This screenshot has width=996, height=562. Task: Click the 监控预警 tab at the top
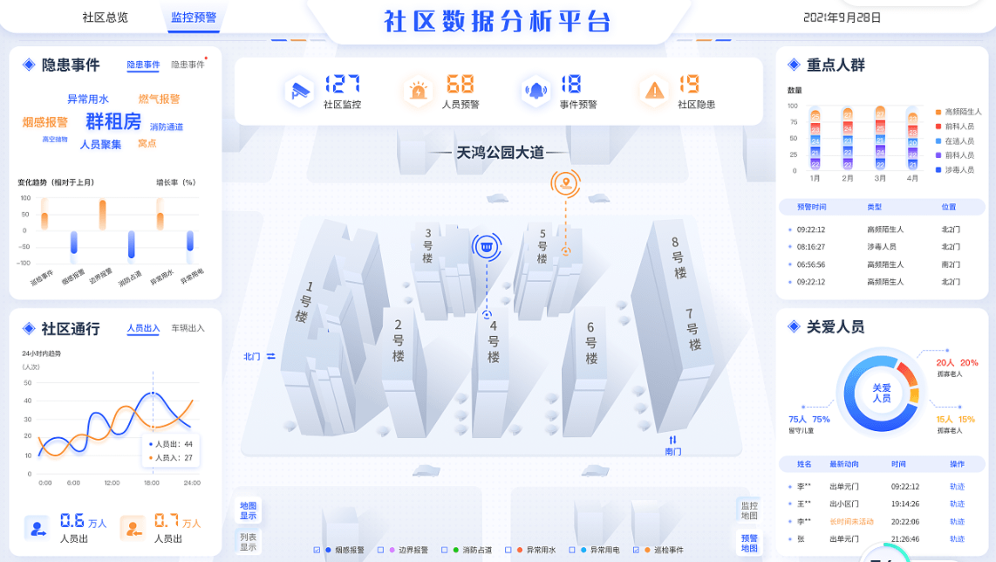[x=194, y=17]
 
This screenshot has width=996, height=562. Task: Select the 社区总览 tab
[x=105, y=17]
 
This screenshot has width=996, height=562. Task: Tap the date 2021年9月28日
[x=842, y=17]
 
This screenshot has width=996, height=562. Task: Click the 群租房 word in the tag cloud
[x=113, y=121]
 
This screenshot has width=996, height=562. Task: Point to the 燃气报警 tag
[x=159, y=99]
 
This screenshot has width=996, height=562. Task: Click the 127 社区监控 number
[x=343, y=84]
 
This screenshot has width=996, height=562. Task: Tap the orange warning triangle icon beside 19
[x=653, y=90]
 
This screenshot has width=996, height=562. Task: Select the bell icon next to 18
[x=535, y=90]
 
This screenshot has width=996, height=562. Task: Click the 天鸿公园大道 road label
[x=500, y=153]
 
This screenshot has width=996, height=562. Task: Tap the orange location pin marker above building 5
[x=565, y=183]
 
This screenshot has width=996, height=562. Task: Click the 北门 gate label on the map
[x=252, y=356]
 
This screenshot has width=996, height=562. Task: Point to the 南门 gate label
[x=672, y=451]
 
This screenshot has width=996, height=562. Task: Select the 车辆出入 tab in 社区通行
[x=188, y=328]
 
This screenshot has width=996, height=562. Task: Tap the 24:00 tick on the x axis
[x=191, y=483]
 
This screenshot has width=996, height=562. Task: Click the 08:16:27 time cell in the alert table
[x=811, y=247]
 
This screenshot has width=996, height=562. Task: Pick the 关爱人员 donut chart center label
[x=881, y=393]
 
